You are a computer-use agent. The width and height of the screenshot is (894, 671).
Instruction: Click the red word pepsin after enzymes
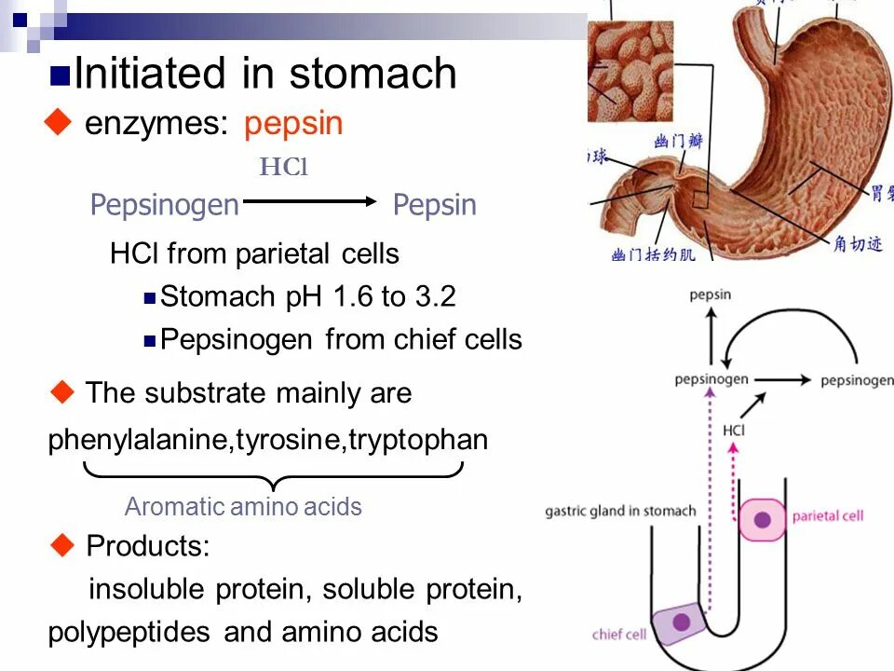coord(294,124)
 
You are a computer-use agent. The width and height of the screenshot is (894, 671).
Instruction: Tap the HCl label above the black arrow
coord(283,168)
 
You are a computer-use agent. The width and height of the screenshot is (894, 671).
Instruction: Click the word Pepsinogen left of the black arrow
coord(165,205)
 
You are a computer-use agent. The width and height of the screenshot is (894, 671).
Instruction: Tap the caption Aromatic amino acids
coord(243,507)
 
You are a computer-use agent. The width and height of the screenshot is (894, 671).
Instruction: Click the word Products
coord(147,547)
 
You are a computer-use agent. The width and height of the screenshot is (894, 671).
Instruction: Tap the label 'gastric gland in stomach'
coord(620,511)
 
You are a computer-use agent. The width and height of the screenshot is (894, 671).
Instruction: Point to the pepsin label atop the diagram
coord(711,295)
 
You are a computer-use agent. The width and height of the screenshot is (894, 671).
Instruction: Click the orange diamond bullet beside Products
coord(62,545)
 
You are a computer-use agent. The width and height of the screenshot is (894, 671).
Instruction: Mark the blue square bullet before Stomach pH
coord(149,299)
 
